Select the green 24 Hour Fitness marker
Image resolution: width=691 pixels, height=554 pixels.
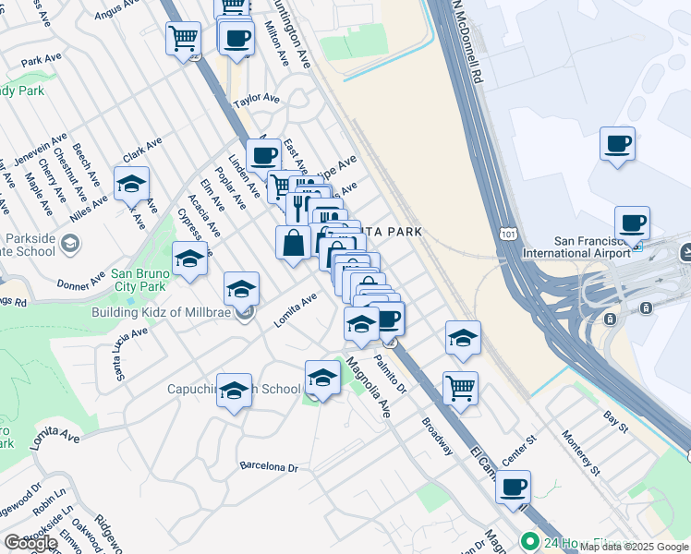[529, 541]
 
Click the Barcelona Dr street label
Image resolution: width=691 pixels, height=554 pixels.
[269, 467]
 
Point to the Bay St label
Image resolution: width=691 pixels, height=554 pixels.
[615, 423]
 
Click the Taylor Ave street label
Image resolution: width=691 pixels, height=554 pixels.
[256, 99]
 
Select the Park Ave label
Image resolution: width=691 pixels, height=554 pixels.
[40, 60]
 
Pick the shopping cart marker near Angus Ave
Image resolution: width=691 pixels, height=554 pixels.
[183, 39]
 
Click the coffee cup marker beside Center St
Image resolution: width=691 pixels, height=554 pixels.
[513, 486]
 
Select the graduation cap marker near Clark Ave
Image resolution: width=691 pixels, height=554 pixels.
[131, 183]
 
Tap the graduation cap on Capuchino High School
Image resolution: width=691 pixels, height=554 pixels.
[235, 390]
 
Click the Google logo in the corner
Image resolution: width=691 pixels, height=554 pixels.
[30, 542]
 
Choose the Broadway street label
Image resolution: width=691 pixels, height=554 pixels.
[438, 436]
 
